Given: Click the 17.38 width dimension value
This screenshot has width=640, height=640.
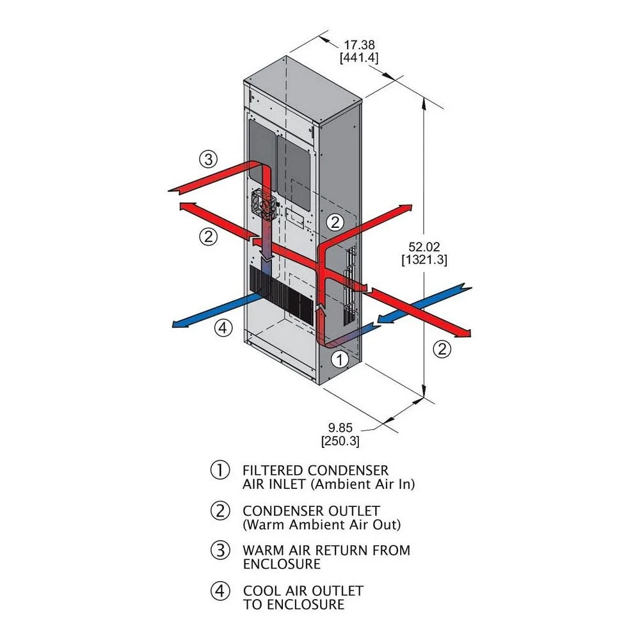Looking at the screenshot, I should coord(359,45).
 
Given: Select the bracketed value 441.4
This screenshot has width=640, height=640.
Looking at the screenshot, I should coord(359,58).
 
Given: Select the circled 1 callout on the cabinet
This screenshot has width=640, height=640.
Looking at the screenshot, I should coord(340,359).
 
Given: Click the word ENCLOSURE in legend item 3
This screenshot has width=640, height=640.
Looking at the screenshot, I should coord(282,564).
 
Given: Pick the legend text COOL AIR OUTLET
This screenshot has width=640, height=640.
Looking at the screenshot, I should coord(303,591).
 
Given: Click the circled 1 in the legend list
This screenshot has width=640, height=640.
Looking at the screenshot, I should coord(220,470).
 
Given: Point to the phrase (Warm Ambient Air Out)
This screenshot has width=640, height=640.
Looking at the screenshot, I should coord(321,525).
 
